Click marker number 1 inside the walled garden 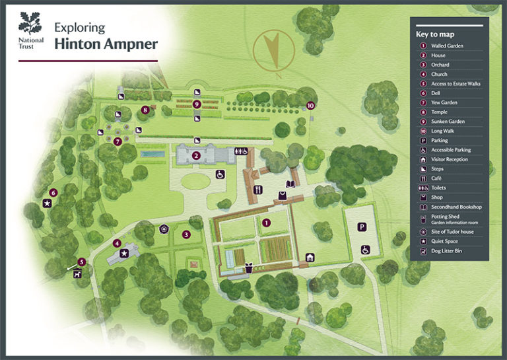tap(266, 223)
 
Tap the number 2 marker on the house tap(196, 156)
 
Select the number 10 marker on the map tap(310, 105)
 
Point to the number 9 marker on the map tap(197, 104)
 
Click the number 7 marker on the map tap(118, 141)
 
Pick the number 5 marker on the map tap(82, 262)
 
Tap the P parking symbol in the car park tap(362, 227)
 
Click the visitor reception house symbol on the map tap(310, 257)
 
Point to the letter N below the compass tap(279, 75)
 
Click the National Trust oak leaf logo tap(30, 24)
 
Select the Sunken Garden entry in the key tap(448, 122)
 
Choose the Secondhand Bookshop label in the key tap(456, 207)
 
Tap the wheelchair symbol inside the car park tap(365, 250)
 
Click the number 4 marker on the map tap(117, 243)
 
